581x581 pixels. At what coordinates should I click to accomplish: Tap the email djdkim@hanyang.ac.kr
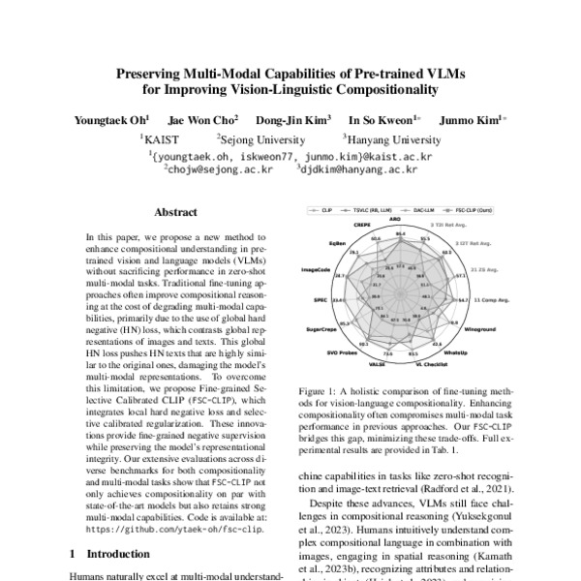tap(358, 168)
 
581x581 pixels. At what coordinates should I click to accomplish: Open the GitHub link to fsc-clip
tap(173, 531)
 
